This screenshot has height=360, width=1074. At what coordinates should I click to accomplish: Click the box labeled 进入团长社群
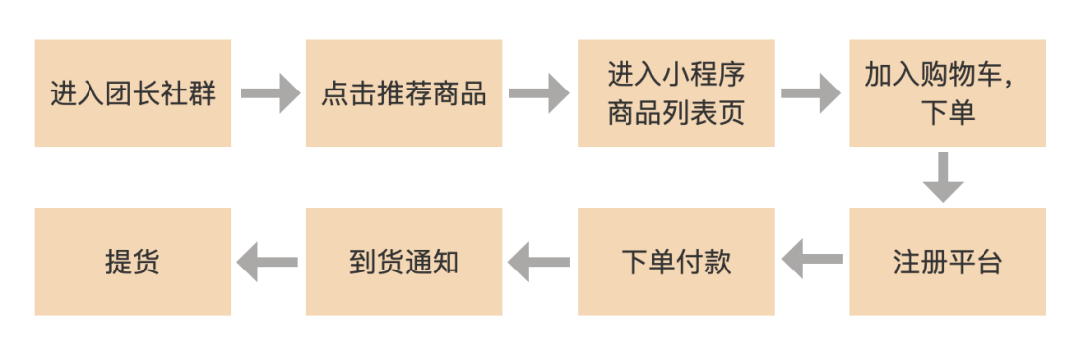pyautogui.click(x=132, y=93)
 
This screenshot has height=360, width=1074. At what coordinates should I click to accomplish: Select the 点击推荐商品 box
pyautogui.click(x=404, y=93)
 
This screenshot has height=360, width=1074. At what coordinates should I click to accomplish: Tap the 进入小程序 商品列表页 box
pyautogui.click(x=675, y=93)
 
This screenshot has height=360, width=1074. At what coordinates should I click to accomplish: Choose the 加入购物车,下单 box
pyautogui.click(x=947, y=93)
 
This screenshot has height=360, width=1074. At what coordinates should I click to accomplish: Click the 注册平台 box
pyautogui.click(x=947, y=262)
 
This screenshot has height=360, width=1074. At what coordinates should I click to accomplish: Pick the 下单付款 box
pyautogui.click(x=675, y=262)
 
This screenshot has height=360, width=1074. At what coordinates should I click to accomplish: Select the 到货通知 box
pyautogui.click(x=404, y=262)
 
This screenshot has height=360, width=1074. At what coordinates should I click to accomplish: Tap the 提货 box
pyautogui.click(x=132, y=262)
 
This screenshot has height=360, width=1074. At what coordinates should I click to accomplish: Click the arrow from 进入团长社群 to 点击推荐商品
pyautogui.click(x=268, y=93)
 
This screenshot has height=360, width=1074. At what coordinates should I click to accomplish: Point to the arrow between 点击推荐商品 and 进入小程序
pyautogui.click(x=540, y=93)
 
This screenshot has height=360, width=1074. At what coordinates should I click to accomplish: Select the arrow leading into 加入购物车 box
pyautogui.click(x=811, y=93)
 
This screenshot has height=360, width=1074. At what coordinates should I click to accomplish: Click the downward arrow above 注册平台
pyautogui.click(x=941, y=177)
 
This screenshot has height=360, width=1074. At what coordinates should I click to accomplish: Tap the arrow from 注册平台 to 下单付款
pyautogui.click(x=811, y=262)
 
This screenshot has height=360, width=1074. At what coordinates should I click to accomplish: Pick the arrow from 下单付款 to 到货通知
pyautogui.click(x=540, y=262)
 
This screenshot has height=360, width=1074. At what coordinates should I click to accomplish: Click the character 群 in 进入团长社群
pyautogui.click(x=202, y=94)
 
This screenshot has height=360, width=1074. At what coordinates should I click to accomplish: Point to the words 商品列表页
pyautogui.click(x=676, y=112)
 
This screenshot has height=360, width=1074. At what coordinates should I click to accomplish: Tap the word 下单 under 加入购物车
pyautogui.click(x=947, y=112)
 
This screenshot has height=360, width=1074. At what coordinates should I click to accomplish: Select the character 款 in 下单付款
pyautogui.click(x=717, y=263)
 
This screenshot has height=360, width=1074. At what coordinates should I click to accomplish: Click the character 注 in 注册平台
pyautogui.click(x=906, y=263)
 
